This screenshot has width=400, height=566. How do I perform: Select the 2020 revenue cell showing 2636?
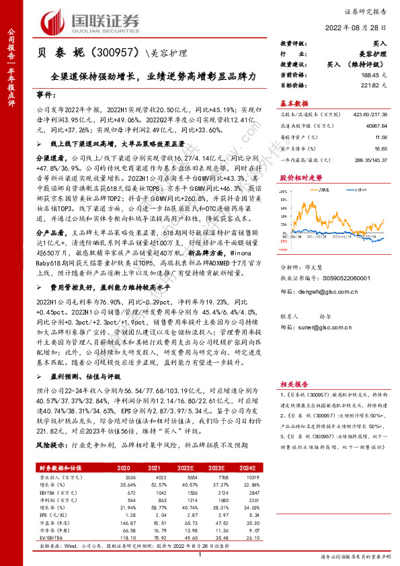[132, 477]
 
